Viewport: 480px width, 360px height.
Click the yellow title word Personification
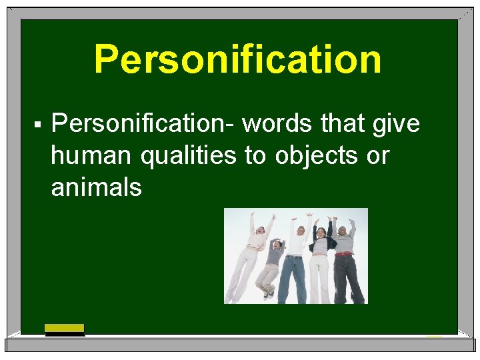tap(238, 59)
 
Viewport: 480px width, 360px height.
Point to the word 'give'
tap(397, 125)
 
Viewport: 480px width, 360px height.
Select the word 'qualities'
tap(189, 157)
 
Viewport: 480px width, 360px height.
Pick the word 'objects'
tap(313, 157)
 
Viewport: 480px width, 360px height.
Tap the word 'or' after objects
tap(377, 157)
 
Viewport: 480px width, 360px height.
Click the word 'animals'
tap(96, 187)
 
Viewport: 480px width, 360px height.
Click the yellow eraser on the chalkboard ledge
tap(65, 328)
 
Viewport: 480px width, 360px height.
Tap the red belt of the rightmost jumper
tap(343, 253)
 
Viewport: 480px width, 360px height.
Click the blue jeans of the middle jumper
tap(292, 277)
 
